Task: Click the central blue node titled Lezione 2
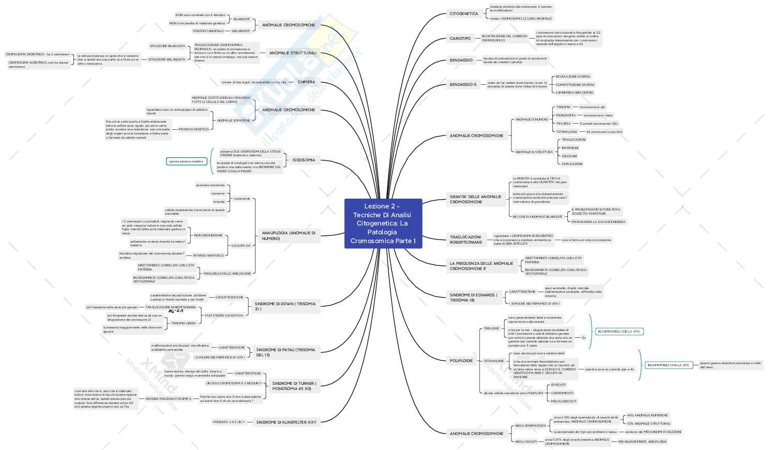click(x=383, y=223)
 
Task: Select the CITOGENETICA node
click(x=464, y=13)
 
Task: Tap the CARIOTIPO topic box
click(x=460, y=38)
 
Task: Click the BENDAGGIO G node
click(x=463, y=84)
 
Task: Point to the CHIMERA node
click(x=306, y=82)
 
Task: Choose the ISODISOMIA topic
click(x=304, y=160)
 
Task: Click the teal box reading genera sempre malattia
click(x=186, y=161)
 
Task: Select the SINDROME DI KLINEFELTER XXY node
click(x=287, y=422)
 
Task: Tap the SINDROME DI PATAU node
click(x=285, y=352)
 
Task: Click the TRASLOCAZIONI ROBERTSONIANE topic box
click(x=466, y=239)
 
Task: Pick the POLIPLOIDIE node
click(x=461, y=361)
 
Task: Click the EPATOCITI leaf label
click(x=559, y=385)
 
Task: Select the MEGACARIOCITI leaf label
click(x=563, y=401)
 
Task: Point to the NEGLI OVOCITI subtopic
click(x=526, y=442)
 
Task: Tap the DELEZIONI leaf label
click(x=569, y=156)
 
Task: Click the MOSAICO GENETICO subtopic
click(x=194, y=129)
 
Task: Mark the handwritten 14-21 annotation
click(x=176, y=311)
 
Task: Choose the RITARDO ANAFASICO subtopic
click(x=208, y=256)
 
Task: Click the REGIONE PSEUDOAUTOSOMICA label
click(x=168, y=399)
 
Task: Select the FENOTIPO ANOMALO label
click(x=208, y=31)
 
